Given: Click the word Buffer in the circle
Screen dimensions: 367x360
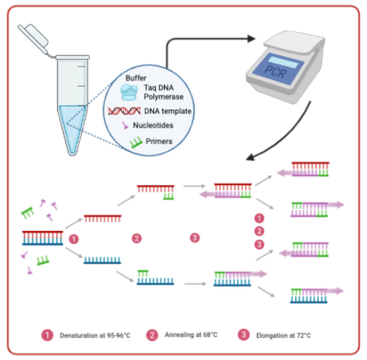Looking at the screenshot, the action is click(136, 78).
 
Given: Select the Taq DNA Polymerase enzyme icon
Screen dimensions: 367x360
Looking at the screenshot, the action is click(129, 92).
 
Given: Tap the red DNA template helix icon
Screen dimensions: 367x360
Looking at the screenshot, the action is click(125, 111).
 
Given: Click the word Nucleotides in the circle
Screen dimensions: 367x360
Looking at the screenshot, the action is click(153, 125).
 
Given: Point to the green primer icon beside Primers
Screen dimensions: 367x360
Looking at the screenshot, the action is click(136, 142).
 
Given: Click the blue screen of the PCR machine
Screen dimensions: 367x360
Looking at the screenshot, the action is click(279, 68).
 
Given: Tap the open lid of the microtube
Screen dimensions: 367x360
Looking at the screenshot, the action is click(33, 37).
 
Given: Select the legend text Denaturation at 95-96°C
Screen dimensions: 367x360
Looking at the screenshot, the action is click(95, 336).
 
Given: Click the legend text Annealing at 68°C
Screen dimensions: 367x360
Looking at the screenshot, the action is click(191, 335).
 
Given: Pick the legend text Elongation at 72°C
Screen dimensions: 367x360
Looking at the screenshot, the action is click(283, 336).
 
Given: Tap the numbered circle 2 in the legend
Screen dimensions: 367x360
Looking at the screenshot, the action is click(152, 335).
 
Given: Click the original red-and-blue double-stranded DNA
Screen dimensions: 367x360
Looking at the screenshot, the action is click(42, 239).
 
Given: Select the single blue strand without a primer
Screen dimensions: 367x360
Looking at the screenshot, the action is click(102, 260).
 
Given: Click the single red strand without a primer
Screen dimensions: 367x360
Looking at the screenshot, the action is click(102, 219).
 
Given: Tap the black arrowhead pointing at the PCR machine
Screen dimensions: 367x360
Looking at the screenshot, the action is click(251, 39).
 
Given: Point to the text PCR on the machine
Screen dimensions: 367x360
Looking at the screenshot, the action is click(275, 72).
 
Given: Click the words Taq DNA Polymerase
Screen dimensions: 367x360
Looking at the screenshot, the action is click(164, 92).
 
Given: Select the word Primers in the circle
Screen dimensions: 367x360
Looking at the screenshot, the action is click(159, 141).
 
